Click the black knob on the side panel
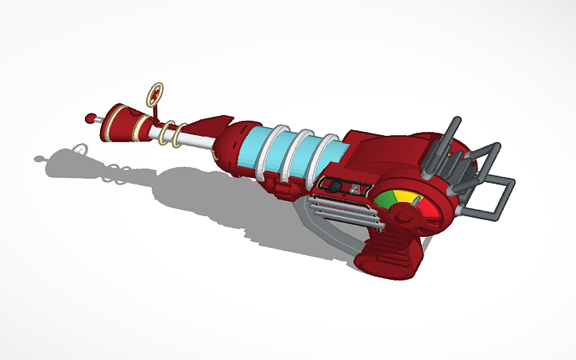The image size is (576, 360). tap(338, 186)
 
